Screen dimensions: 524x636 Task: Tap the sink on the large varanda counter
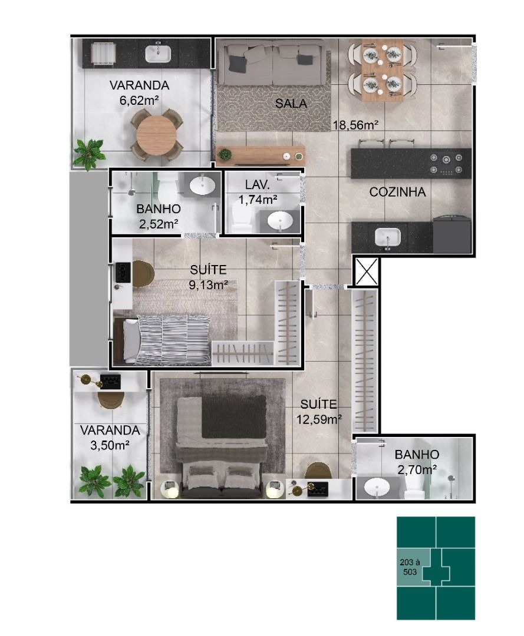coord(158,53)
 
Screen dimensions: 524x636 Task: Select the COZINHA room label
coord(397,192)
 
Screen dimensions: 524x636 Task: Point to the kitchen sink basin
coord(387,237)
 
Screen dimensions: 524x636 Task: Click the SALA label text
coord(291,104)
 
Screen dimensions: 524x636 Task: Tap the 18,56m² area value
coord(355,124)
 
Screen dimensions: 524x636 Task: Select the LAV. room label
coord(258,185)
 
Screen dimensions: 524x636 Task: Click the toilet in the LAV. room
coord(242,217)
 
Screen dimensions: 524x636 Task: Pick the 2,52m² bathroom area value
coord(159,224)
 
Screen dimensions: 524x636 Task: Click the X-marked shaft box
coord(367,271)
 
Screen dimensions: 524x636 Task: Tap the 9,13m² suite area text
coord(208,285)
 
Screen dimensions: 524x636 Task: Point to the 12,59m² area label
coord(319,419)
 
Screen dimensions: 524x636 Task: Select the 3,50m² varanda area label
coord(110,445)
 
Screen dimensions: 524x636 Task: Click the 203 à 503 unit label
coord(410,567)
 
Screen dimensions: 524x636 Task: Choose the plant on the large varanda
coord(90,154)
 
